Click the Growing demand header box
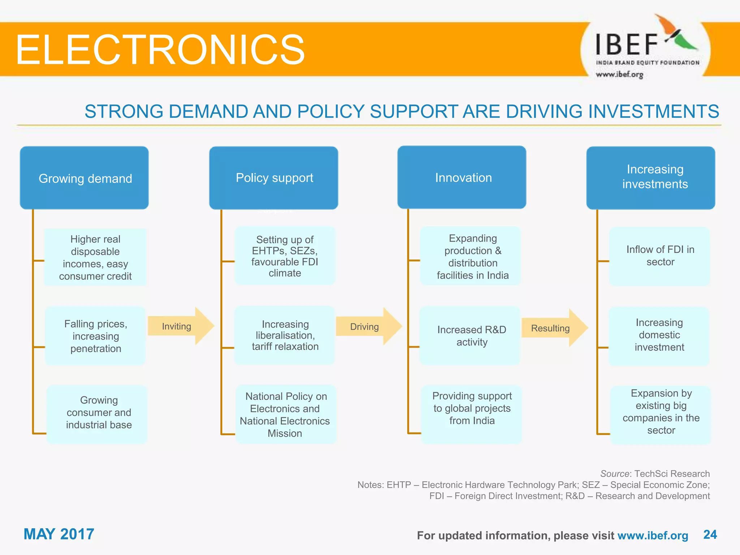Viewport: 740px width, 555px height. point(84,178)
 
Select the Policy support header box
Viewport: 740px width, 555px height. point(274,178)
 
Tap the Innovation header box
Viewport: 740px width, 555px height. point(462,177)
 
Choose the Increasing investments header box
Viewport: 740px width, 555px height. point(650,178)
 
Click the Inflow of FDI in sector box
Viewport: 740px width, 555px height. point(659,256)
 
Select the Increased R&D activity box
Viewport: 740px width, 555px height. point(470,336)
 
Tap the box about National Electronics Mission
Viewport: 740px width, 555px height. point(285,414)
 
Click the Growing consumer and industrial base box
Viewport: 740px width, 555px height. point(98,414)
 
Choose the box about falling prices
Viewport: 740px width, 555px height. point(95,336)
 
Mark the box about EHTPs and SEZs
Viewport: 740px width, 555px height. point(285,256)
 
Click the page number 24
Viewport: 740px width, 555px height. point(710,534)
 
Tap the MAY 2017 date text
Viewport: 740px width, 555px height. point(59,534)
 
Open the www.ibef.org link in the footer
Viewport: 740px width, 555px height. point(653,535)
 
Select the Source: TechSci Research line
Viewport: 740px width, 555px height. point(655,474)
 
